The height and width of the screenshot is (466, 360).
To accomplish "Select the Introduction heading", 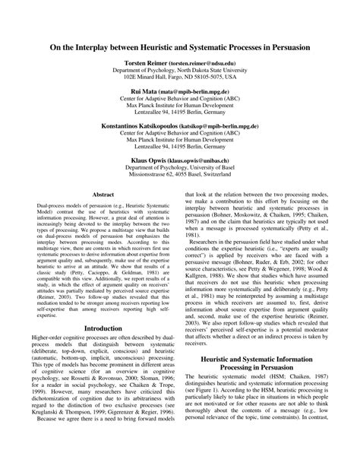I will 103,307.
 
